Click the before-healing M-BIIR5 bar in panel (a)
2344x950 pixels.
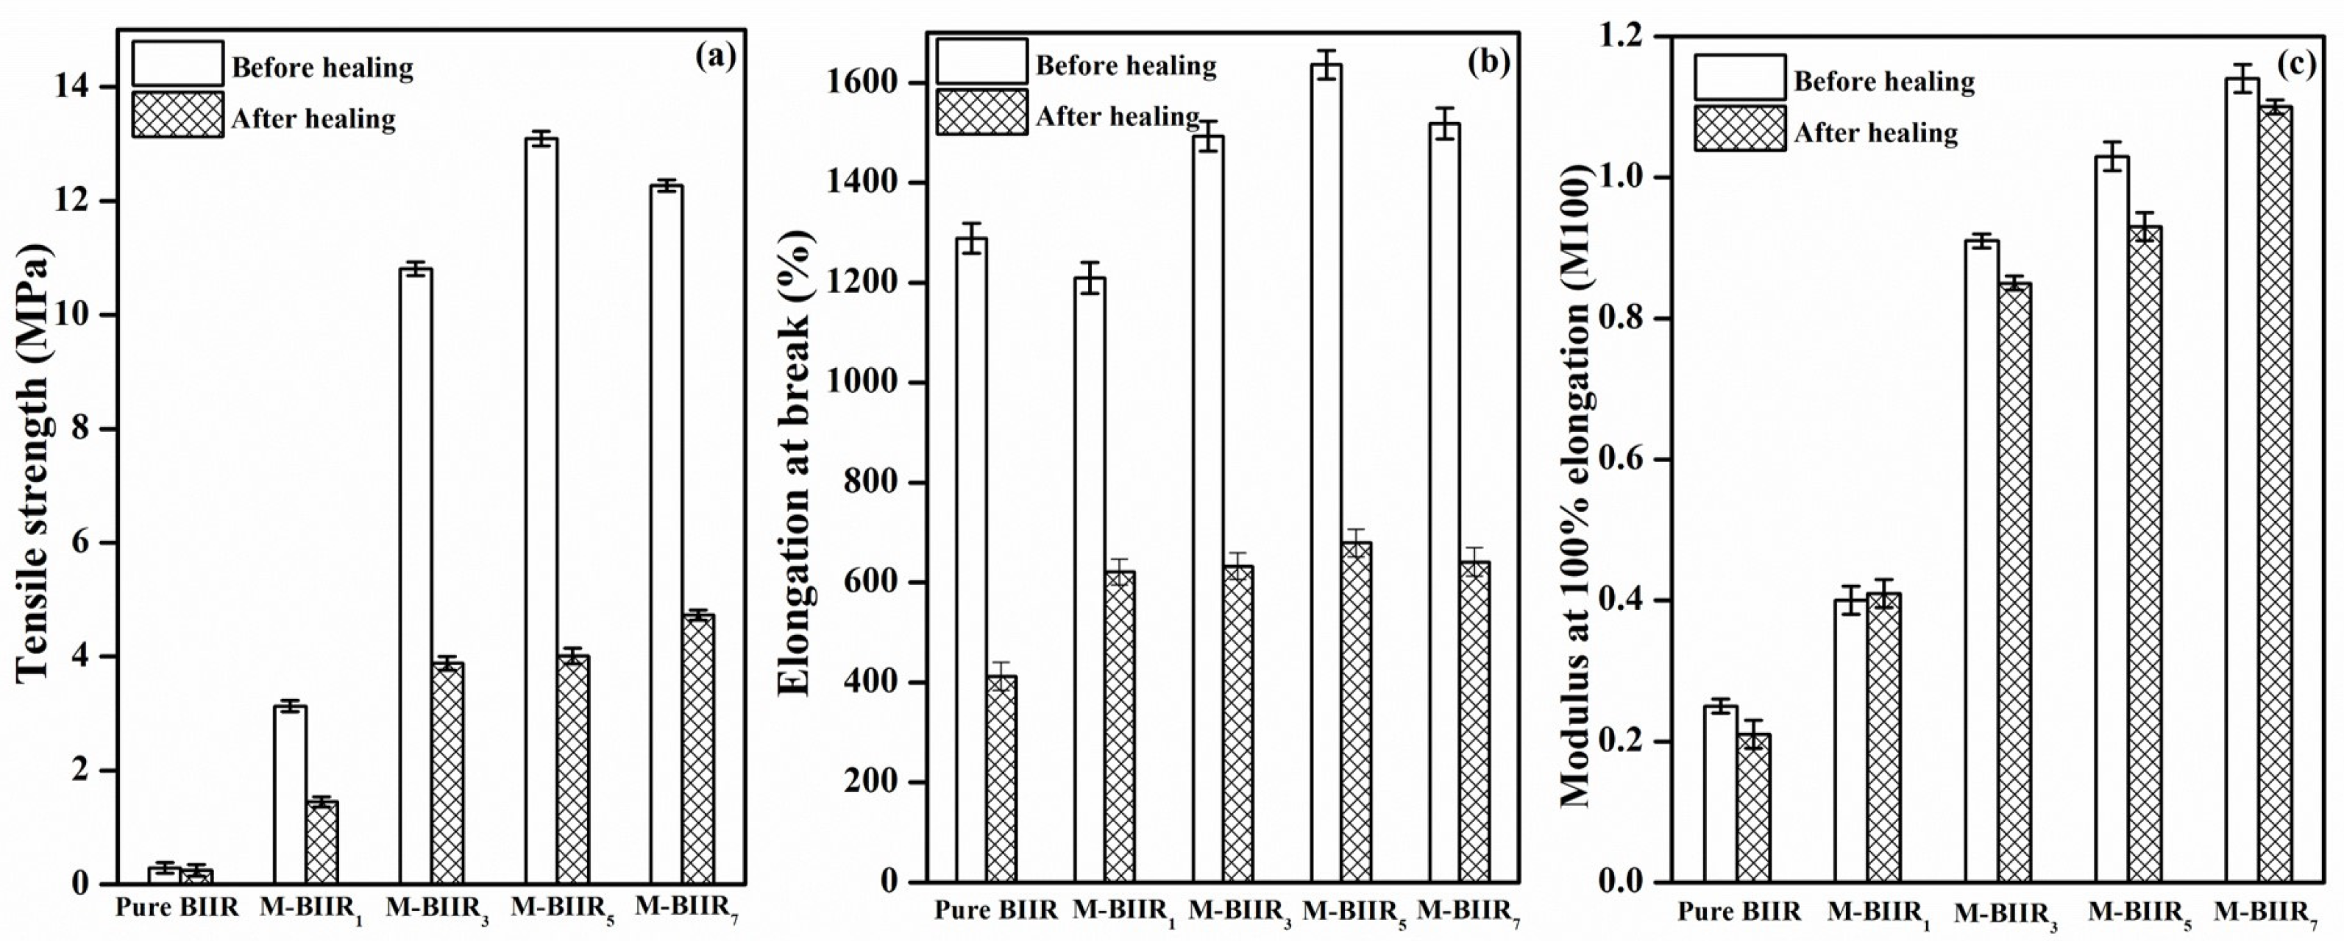[541, 509]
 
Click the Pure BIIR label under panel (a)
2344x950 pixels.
[177, 907]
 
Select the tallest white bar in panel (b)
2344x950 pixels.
[1326, 473]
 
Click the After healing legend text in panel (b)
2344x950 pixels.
[1118, 116]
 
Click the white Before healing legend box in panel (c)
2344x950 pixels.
[1739, 77]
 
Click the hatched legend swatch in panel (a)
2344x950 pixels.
[177, 115]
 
